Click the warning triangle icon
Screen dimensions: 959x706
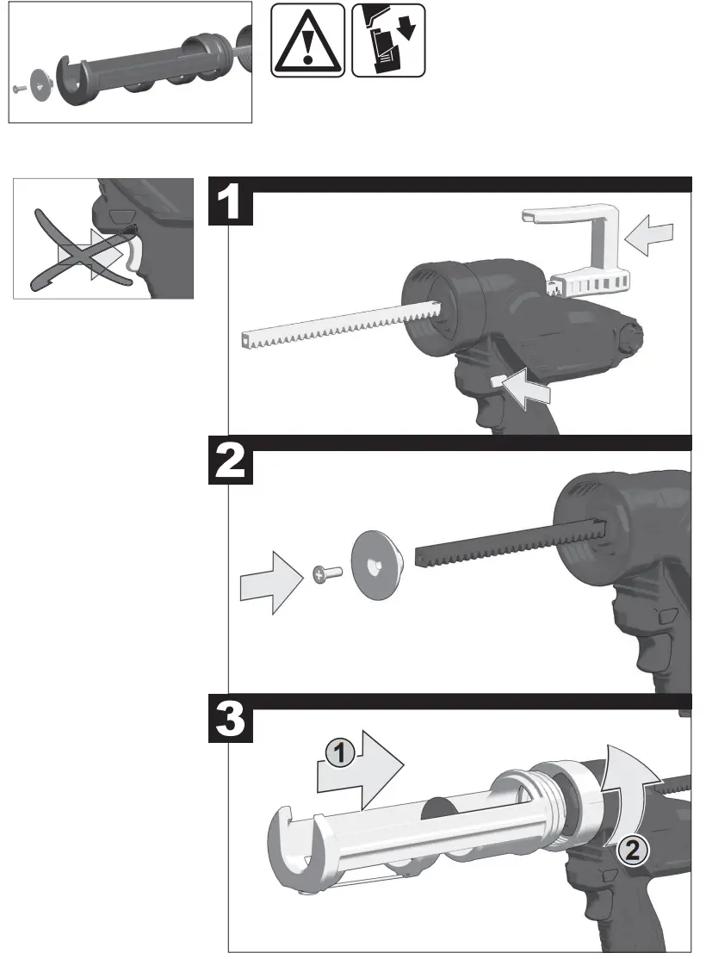click(x=307, y=40)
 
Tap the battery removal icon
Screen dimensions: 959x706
click(x=388, y=40)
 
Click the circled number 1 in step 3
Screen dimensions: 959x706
click(x=340, y=754)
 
